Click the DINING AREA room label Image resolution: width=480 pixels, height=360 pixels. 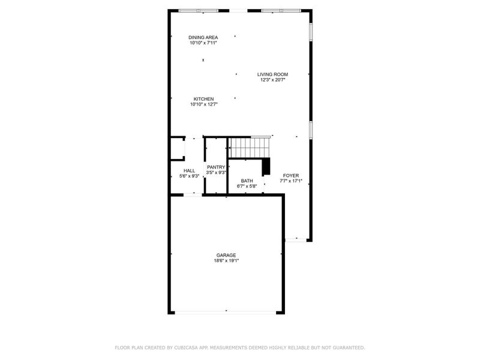point(203,37)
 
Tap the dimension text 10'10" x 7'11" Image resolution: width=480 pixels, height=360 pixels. point(203,43)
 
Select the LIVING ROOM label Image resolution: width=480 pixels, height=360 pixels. point(273,74)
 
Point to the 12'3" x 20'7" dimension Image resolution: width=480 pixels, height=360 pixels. point(273,80)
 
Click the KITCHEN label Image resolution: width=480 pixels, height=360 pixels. point(203,99)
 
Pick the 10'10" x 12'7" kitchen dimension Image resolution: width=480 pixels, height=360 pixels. point(203,104)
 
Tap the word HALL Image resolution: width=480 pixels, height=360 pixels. point(189,171)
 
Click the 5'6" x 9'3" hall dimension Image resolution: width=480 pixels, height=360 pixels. point(189,176)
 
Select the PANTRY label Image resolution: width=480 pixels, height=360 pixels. point(216,167)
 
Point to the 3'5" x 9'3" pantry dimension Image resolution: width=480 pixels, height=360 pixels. point(216,173)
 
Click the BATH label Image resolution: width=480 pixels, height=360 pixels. point(247,181)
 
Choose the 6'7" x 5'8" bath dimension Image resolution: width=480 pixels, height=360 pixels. point(247,186)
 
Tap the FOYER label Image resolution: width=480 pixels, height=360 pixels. point(291,175)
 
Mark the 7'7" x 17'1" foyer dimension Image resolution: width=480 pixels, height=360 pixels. point(291,181)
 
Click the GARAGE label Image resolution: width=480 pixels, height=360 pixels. point(226,255)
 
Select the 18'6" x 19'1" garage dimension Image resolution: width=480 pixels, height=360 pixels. point(226,260)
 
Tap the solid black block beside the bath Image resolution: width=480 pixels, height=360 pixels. point(267,165)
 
